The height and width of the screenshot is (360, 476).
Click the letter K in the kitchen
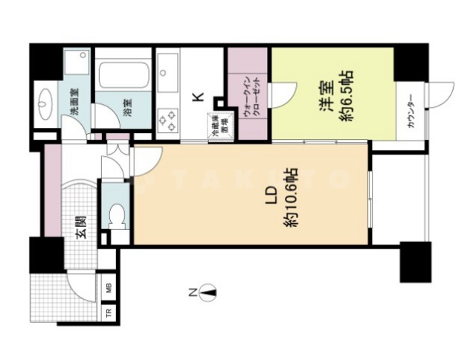pyautogui.click(x=197, y=97)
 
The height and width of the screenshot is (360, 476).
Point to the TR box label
pyautogui.click(x=108, y=312)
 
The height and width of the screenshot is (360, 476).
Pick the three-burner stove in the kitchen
pyautogui.click(x=168, y=118)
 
